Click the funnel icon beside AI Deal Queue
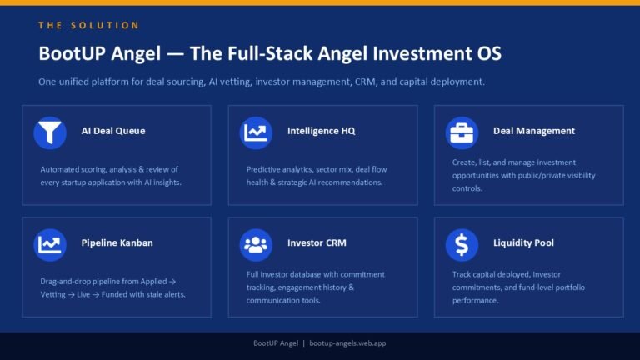click(x=50, y=132)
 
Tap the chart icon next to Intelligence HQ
click(x=256, y=132)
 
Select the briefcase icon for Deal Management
click(x=462, y=132)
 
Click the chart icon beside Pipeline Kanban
click(x=50, y=245)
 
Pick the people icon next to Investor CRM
click(x=256, y=245)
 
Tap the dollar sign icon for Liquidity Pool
click(x=462, y=245)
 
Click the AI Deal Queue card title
click(x=113, y=131)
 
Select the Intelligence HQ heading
click(x=321, y=131)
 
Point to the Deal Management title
click(x=534, y=131)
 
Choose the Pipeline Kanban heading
click(x=117, y=242)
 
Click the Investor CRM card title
click(x=317, y=242)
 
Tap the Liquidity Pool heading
click(x=523, y=242)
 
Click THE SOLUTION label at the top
click(x=89, y=25)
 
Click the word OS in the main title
click(x=489, y=53)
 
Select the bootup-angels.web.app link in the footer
click(x=347, y=343)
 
